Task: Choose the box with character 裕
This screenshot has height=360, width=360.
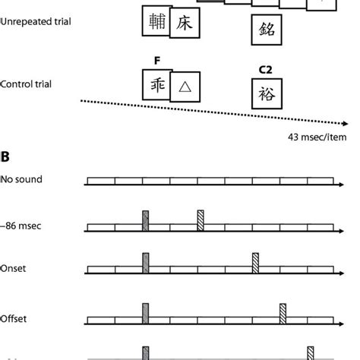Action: coord(265,95)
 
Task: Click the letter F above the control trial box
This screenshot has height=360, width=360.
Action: coord(155,60)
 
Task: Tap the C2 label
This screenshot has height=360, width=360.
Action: coord(265,71)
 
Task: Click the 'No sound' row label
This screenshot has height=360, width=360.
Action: coord(22,181)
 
